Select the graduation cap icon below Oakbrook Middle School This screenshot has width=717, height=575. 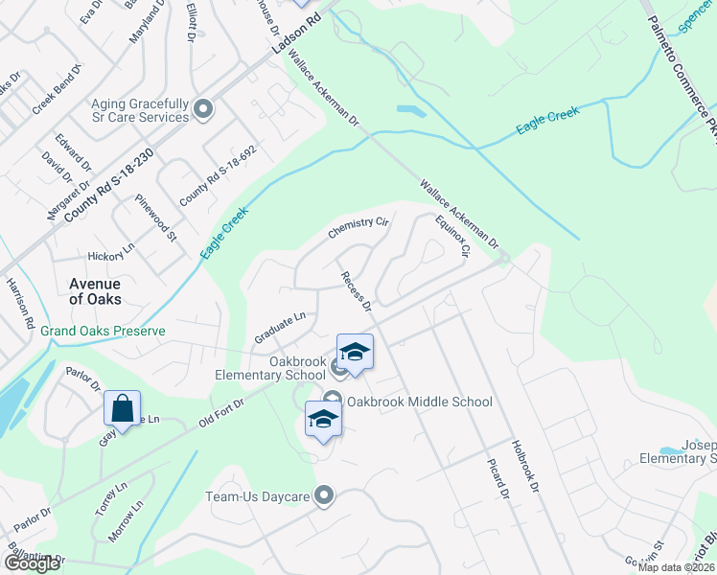[323, 419]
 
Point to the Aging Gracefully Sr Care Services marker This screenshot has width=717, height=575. [203, 109]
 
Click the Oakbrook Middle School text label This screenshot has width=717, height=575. [420, 402]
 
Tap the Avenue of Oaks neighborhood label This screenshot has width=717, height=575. [95, 290]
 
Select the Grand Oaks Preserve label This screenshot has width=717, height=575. [103, 332]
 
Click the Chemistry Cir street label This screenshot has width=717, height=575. [358, 227]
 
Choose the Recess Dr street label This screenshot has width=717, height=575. [356, 291]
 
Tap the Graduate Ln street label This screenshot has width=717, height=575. [279, 327]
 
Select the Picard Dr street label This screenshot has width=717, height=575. [498, 471]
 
